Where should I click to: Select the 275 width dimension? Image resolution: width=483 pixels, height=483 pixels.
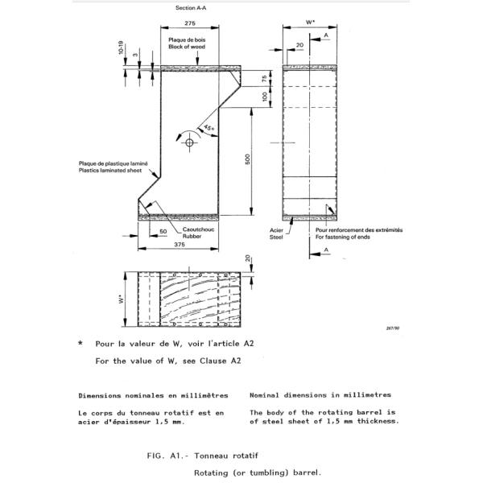pos(191,25)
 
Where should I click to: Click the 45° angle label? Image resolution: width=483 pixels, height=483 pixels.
pos(208,128)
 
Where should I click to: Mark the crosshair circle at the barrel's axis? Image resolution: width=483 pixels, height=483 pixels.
pos(191,142)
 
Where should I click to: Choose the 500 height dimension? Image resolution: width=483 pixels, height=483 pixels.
pos(248,160)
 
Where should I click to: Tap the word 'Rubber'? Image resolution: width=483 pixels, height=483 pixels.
pos(192,236)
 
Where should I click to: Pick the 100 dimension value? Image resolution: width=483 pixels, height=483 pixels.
pos(265,97)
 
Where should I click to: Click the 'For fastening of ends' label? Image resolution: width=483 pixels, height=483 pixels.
pos(344,237)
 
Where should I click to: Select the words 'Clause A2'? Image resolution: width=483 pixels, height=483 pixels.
pos(222,361)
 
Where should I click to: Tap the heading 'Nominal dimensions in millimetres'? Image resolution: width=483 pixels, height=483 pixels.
pos(320,395)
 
